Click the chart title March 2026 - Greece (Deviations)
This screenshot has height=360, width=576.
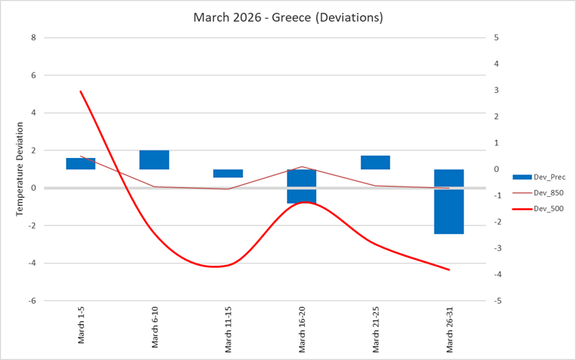288,17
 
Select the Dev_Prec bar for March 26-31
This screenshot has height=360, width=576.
449,201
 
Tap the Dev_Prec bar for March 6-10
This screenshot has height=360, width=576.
154,159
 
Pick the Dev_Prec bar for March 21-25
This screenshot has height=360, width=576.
375,162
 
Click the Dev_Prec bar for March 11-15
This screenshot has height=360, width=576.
228,174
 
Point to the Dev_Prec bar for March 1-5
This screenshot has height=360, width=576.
81,164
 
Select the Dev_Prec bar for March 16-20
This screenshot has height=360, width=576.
301,186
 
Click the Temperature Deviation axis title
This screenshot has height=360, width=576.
20,169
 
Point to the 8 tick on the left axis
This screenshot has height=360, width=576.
33,37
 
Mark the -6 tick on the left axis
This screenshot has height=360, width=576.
31,301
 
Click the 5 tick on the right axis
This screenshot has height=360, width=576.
497,37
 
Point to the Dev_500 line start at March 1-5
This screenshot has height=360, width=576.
81,91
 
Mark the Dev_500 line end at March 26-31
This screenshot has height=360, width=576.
449,269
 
